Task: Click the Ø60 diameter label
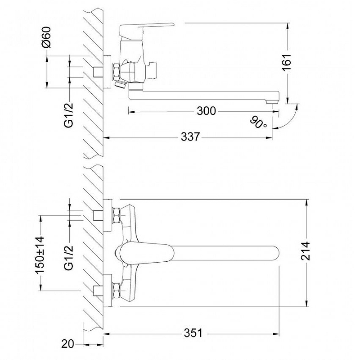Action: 47,37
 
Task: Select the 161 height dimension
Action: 287,63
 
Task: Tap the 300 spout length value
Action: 207,111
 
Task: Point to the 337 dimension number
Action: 190,137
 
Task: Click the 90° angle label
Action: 259,123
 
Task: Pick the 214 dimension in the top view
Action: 306,251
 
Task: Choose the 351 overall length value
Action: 193,333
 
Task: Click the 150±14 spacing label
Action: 40,255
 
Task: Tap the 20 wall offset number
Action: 68,344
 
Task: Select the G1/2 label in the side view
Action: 69,115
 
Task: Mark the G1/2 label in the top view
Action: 69,257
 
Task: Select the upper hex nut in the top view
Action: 117,215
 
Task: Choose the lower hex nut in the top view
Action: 117,291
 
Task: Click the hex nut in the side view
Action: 117,72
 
